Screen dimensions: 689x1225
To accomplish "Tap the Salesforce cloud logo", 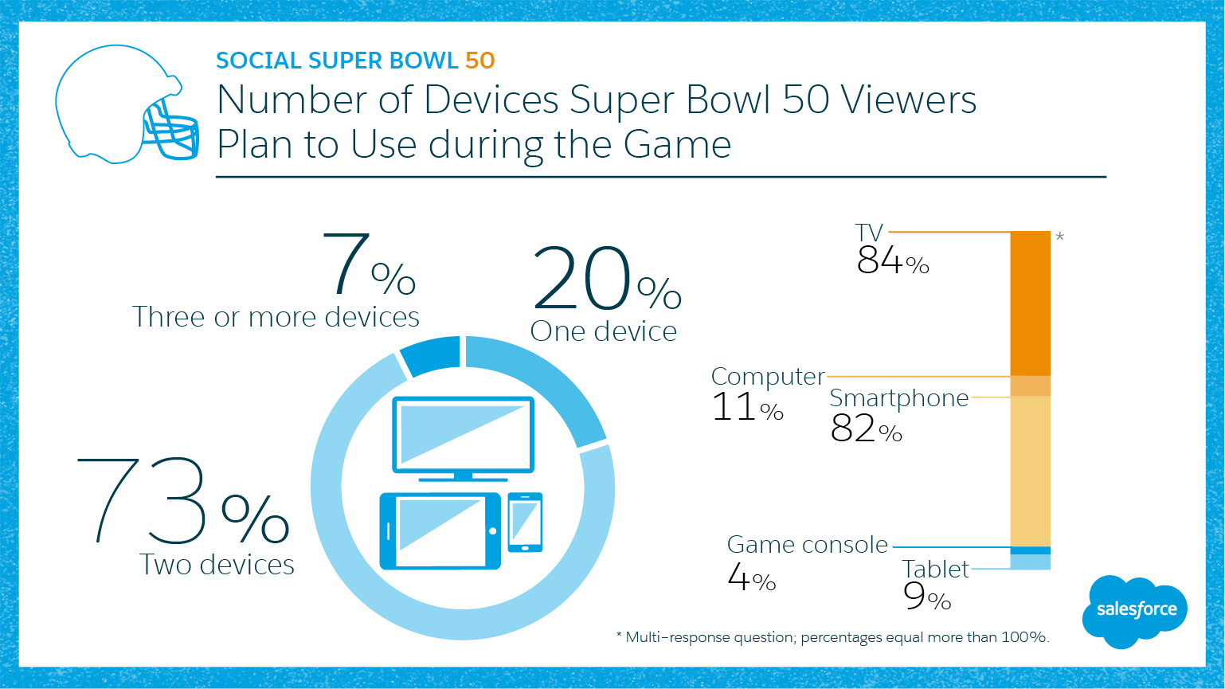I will [1135, 610].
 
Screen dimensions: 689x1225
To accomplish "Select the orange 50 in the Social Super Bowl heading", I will [480, 61].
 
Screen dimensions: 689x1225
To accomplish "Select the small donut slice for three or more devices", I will [431, 355].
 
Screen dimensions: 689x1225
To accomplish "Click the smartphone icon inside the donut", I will [525, 522].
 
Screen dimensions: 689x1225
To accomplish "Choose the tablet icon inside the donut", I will [440, 530].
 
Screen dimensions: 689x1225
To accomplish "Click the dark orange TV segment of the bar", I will [1030, 303].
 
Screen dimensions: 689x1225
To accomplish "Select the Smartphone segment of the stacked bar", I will [1030, 470].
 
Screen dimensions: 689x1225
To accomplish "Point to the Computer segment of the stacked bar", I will [1030, 386].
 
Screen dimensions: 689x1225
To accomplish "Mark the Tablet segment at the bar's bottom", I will [1030, 562].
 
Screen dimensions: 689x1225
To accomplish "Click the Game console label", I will [807, 545].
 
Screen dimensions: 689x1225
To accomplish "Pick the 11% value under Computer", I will [746, 408].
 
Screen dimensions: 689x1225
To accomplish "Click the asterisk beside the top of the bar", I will [1059, 237].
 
